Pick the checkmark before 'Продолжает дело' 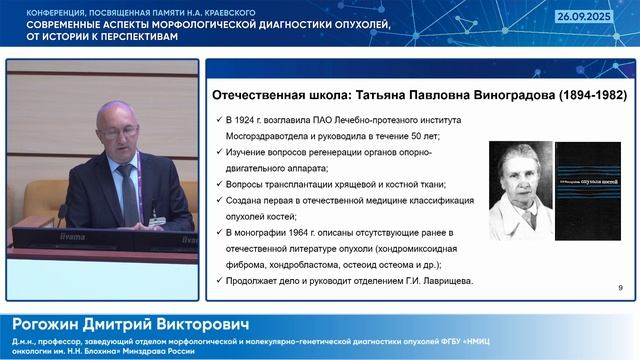pyautogui.click(x=218, y=280)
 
